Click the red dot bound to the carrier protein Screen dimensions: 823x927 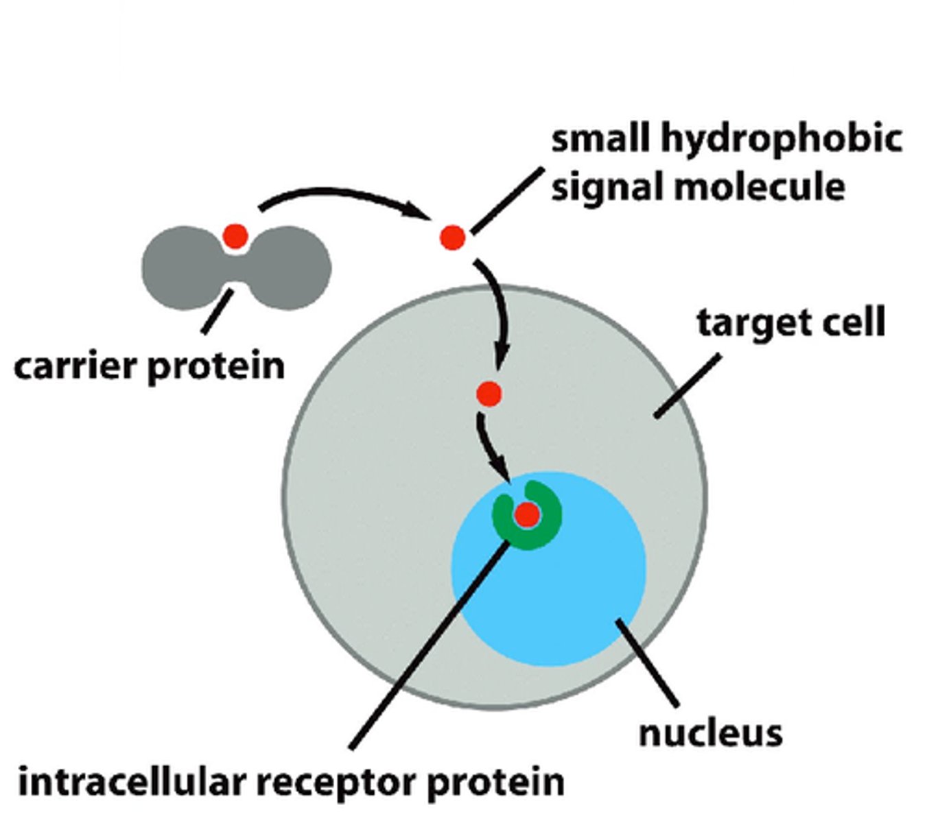(x=235, y=237)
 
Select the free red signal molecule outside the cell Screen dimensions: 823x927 (x=452, y=238)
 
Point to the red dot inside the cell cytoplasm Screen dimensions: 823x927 (x=489, y=394)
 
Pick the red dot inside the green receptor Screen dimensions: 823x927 (x=527, y=514)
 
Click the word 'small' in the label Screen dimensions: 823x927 (x=600, y=139)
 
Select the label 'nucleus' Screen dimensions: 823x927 (x=710, y=733)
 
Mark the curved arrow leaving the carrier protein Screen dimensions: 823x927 (x=343, y=195)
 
